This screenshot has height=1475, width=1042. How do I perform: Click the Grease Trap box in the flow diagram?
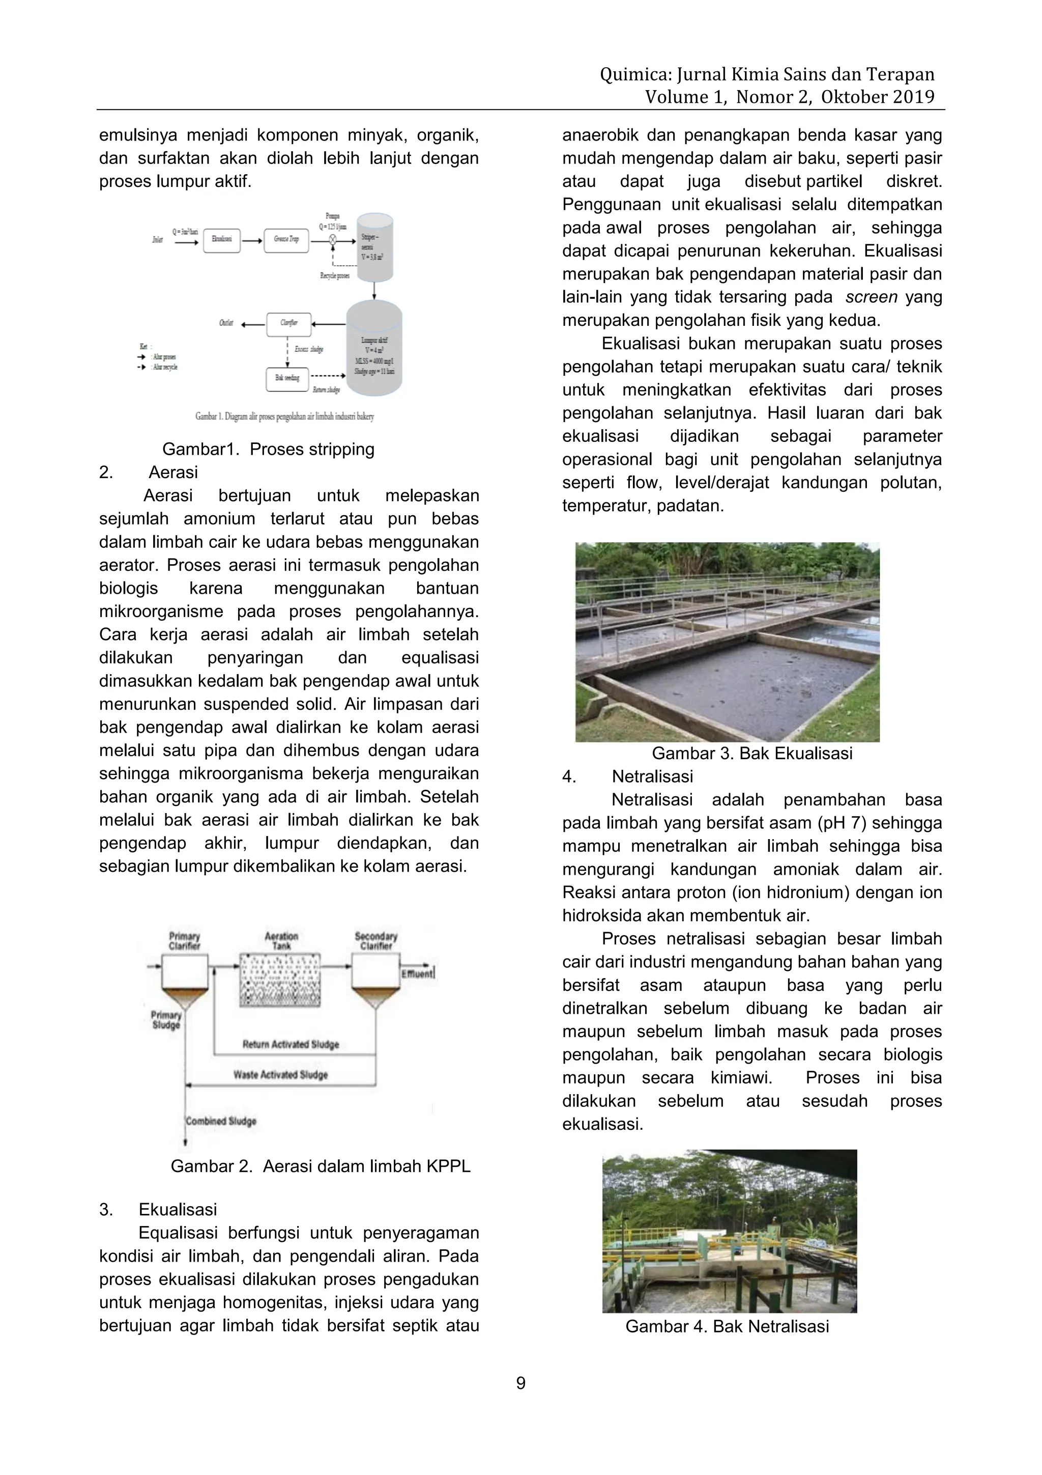[286, 240]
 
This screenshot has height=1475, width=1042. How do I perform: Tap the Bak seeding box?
[287, 378]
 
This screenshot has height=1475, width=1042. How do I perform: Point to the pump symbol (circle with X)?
[333, 240]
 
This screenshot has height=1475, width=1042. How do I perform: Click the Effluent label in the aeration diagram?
[417, 974]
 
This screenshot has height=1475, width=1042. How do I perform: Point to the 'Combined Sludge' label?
[221, 1121]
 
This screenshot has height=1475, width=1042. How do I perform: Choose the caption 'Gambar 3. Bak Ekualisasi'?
[752, 754]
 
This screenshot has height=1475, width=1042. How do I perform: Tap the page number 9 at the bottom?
[520, 1383]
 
